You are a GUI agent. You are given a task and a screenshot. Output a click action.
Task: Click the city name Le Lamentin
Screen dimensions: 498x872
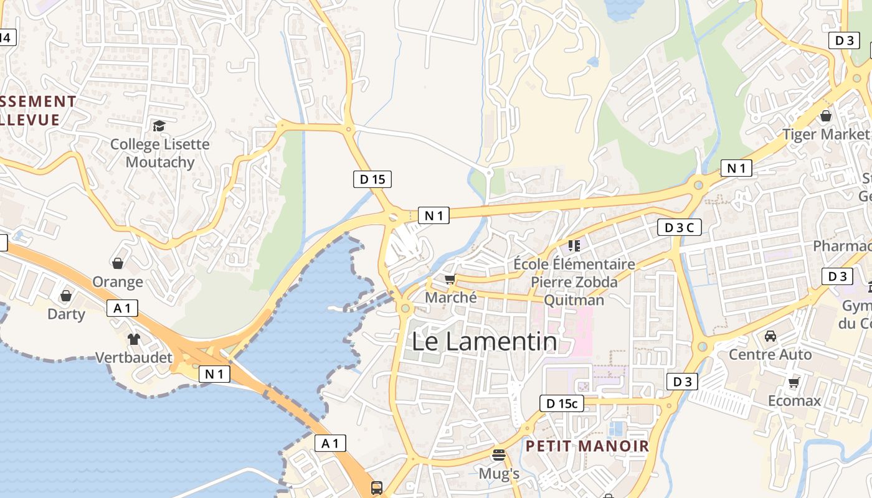485,342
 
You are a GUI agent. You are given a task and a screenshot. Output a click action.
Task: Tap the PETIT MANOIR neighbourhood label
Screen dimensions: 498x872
587,446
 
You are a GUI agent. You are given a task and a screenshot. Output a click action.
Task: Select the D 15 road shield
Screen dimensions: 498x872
372,179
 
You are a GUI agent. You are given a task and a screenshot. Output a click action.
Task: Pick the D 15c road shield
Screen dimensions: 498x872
562,403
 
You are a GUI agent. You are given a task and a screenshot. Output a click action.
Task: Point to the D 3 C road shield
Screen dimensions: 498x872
679,227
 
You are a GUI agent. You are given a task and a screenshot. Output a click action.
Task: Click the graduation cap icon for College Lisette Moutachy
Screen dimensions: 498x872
159,126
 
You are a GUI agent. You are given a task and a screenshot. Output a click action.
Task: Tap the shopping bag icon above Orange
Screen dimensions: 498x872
118,263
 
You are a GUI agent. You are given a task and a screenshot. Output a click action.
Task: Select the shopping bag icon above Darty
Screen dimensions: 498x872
66,295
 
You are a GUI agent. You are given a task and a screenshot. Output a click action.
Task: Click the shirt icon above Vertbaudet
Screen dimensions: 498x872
134,339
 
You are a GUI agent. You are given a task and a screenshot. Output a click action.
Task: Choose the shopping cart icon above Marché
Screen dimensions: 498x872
450,280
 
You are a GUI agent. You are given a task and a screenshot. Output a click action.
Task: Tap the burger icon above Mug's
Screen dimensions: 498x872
498,455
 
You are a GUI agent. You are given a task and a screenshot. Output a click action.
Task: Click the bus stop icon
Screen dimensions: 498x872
377,487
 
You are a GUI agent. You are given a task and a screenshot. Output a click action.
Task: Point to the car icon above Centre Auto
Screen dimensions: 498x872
770,336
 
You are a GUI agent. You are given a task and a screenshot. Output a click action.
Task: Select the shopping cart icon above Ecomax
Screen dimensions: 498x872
794,382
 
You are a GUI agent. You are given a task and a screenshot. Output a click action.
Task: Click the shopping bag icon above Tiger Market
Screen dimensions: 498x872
826,116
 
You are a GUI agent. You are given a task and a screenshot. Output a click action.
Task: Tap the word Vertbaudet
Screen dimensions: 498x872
134,357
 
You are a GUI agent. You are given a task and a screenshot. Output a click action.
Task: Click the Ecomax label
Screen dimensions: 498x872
794,400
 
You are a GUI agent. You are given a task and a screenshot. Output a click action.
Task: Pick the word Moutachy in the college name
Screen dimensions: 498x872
160,162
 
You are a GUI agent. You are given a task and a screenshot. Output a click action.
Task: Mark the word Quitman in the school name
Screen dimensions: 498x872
574,300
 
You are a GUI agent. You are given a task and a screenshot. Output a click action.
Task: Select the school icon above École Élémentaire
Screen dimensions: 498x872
574,245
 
